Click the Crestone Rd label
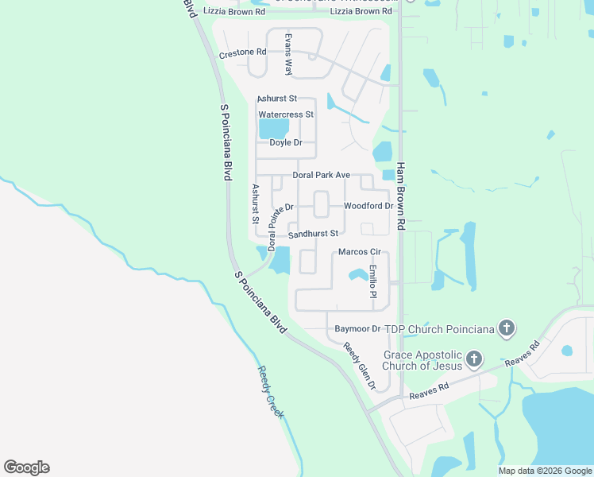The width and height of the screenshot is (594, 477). point(242,53)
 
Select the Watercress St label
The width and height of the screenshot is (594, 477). point(286,114)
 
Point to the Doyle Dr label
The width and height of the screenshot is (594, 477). point(286,142)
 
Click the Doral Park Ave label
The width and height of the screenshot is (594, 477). point(321,175)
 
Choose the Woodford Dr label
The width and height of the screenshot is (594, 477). point(368,206)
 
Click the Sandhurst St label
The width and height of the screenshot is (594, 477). point(313,234)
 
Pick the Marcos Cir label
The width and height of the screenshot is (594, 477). point(360,252)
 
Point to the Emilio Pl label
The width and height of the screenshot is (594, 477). point(372,281)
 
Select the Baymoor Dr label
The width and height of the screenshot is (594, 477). point(357,328)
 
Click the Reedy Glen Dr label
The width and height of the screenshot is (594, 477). point(360,366)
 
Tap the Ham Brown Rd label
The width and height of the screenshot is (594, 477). point(401,196)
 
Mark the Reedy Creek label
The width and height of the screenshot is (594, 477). point(271,392)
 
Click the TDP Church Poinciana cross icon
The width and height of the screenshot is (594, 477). point(507,328)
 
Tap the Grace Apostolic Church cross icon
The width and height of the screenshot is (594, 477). point(473,359)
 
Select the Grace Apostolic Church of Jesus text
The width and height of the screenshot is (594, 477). point(422,360)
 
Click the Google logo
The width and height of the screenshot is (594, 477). point(26,467)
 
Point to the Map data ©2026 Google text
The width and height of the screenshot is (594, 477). point(545,471)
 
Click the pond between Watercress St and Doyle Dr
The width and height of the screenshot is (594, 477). point(275,128)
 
